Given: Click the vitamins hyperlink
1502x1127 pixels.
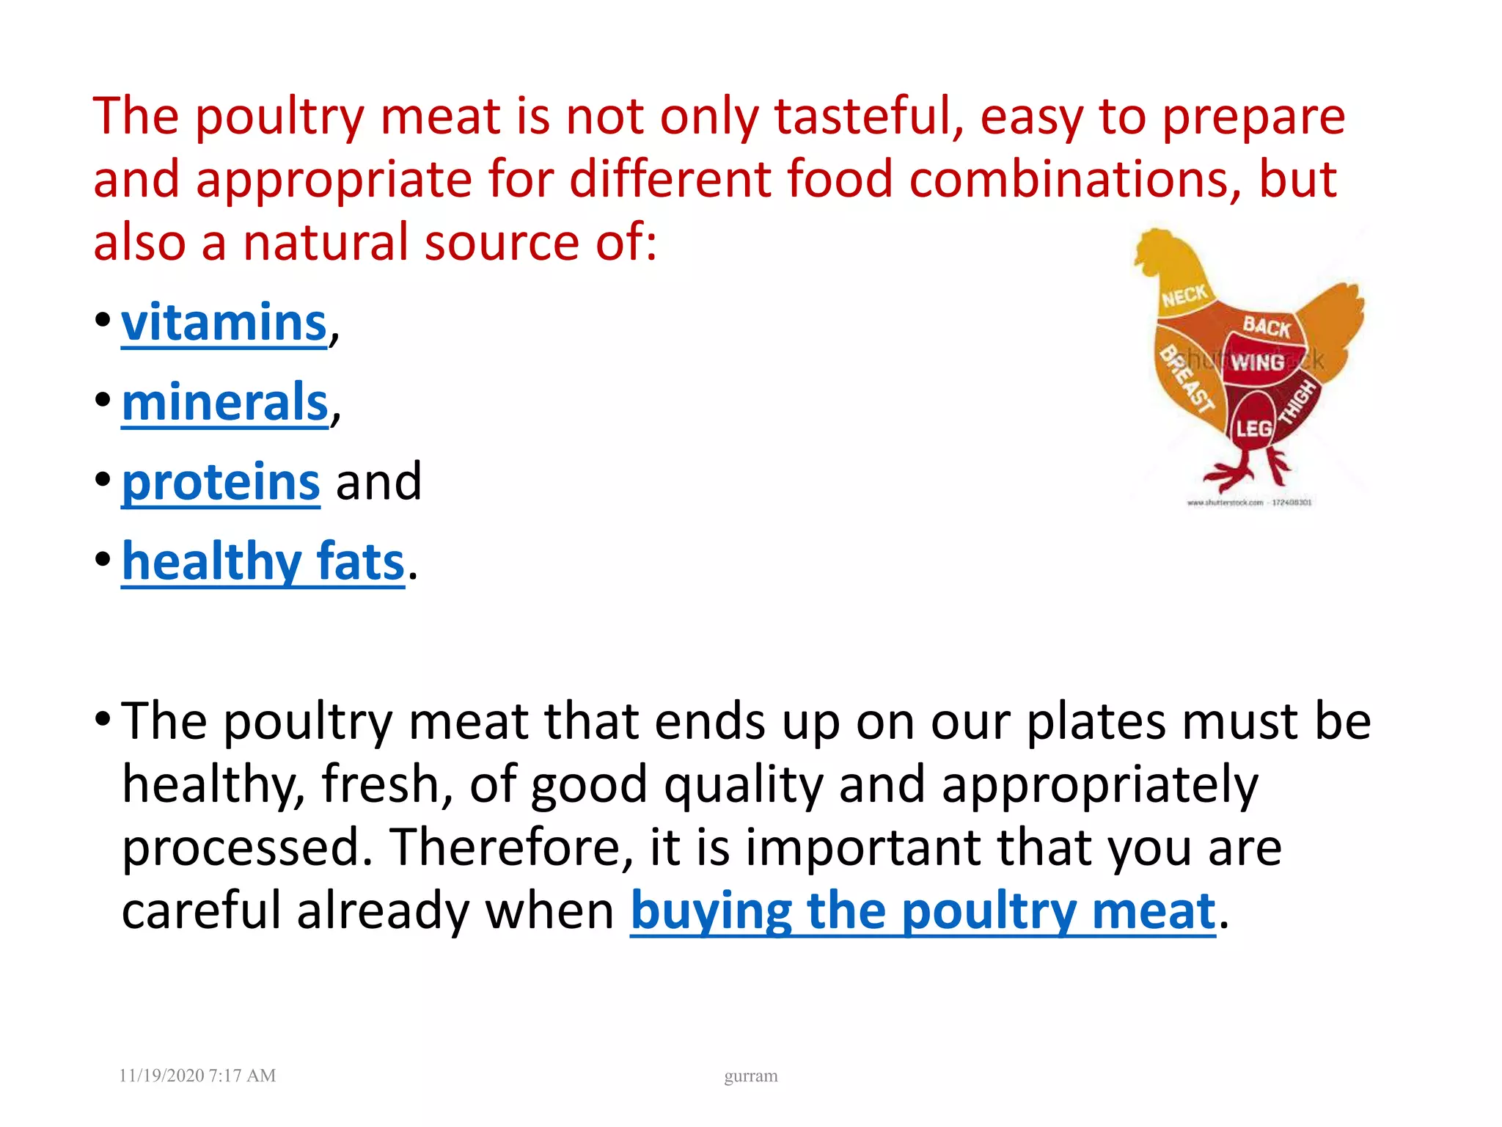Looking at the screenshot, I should (x=224, y=323).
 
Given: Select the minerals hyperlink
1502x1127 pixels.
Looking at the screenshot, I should (x=224, y=402).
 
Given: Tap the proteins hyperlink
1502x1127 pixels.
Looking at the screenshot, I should (x=221, y=482).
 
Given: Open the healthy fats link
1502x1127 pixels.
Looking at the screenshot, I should (x=263, y=561).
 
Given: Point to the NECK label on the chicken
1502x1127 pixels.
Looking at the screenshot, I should (x=1184, y=296).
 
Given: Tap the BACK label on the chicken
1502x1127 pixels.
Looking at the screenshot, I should (x=1267, y=327).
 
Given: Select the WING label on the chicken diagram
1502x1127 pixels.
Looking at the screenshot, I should (x=1257, y=362).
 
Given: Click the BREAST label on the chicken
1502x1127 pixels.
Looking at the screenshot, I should (x=1186, y=379).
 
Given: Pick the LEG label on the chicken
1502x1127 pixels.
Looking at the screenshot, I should (x=1253, y=428).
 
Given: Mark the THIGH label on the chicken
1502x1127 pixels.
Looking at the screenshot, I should (x=1298, y=403).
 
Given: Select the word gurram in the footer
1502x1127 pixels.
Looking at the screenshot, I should (x=750, y=1076).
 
